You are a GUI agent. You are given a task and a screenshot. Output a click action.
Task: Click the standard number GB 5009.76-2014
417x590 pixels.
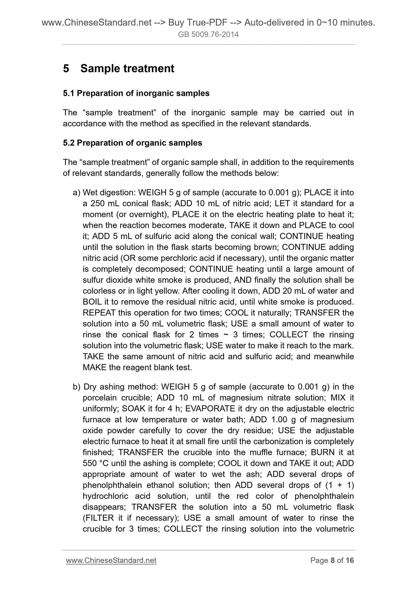208,35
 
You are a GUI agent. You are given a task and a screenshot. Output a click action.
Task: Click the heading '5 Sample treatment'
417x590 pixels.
119,69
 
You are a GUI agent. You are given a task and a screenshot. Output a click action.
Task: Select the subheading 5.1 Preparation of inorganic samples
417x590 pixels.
136,94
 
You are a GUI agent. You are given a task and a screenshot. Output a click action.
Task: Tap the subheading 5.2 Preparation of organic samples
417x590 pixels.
132,143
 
